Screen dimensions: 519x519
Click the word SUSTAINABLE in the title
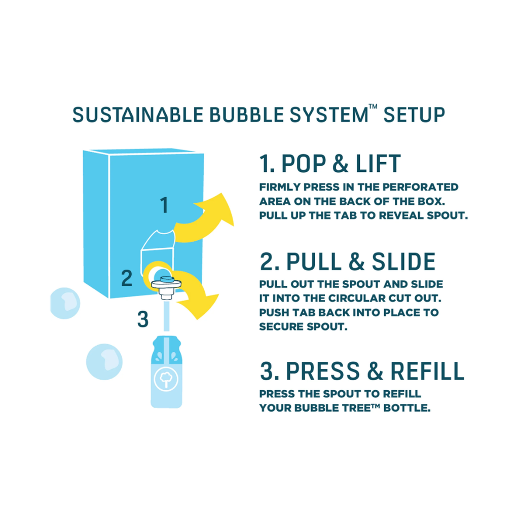coord(138,115)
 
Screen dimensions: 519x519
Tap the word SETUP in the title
coord(414,115)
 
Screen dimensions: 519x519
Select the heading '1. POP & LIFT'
coord(330,164)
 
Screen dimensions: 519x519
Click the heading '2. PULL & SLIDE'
coord(348,262)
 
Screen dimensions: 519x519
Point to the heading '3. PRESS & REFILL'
coord(362,371)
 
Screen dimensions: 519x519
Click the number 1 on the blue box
coord(164,205)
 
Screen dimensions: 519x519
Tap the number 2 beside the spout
coord(127,278)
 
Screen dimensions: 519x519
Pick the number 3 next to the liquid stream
coord(142,319)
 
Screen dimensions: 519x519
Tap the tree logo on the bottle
coord(166,379)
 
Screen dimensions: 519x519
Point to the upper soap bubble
coord(65,303)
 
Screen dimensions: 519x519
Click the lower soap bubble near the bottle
coord(104,362)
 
